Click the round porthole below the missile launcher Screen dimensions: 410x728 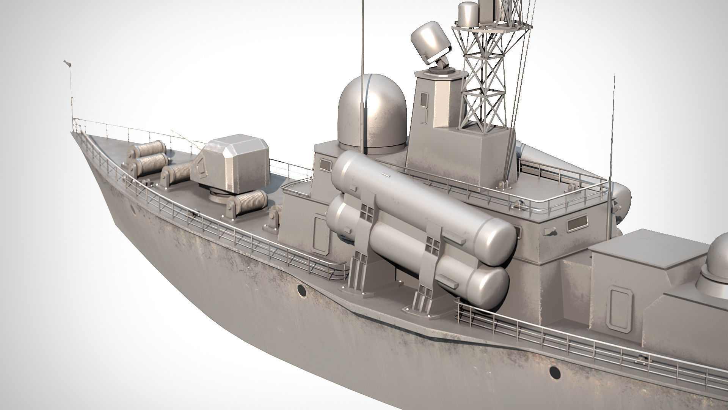302,291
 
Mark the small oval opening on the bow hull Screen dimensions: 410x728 133,209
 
